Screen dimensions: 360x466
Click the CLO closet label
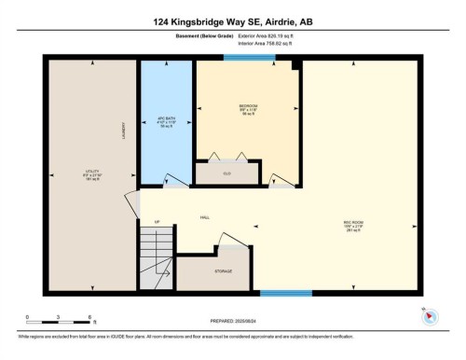(x=226, y=173)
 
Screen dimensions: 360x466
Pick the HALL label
(x=204, y=217)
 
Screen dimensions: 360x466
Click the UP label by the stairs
(x=157, y=221)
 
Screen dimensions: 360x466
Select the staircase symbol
(x=158, y=260)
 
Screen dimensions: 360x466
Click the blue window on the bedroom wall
(x=249, y=58)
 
